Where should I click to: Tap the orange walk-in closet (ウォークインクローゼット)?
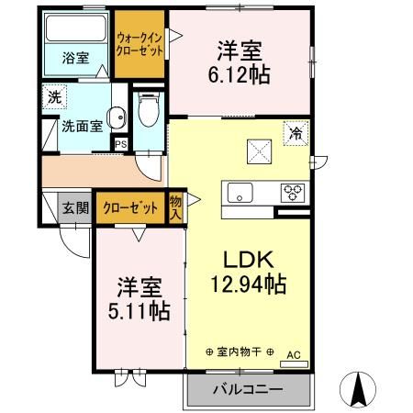click(140, 45)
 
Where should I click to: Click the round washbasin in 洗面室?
click(117, 117)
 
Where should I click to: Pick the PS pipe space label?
click(120, 143)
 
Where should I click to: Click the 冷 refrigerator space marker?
click(296, 134)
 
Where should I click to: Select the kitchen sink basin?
click(240, 193)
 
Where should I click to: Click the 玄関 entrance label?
click(76, 207)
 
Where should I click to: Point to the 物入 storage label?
click(176, 207)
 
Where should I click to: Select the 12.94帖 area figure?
click(242, 285)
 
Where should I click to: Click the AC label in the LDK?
click(294, 353)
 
